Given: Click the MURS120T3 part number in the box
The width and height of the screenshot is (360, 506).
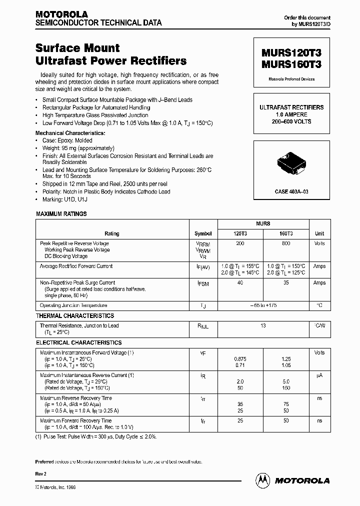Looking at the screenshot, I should (x=291, y=53).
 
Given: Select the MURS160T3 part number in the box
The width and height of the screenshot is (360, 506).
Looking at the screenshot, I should (x=291, y=64).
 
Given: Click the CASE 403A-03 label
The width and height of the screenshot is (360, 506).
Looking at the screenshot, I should (x=291, y=191).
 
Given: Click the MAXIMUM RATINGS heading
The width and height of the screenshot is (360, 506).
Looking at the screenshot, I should (x=61, y=214).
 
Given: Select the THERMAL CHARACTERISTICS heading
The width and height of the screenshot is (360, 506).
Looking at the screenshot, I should (x=75, y=316).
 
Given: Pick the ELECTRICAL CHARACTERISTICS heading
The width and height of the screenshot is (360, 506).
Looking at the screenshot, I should (x=78, y=343).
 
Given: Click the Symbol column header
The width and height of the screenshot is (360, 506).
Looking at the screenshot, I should (x=203, y=233).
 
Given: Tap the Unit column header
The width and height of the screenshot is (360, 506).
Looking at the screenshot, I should (x=319, y=233).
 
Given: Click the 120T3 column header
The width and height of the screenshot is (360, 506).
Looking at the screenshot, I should (x=240, y=233).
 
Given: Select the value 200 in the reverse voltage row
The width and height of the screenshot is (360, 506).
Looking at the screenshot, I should (x=240, y=243).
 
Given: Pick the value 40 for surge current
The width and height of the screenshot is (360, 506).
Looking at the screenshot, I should (x=240, y=282).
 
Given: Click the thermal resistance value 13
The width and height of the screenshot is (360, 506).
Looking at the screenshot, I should (x=263, y=325).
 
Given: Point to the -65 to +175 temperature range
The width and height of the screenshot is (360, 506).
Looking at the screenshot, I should (x=263, y=305).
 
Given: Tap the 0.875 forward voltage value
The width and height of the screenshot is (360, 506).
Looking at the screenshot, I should (x=240, y=359).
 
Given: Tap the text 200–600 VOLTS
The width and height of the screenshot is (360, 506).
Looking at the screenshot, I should (x=291, y=121).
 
